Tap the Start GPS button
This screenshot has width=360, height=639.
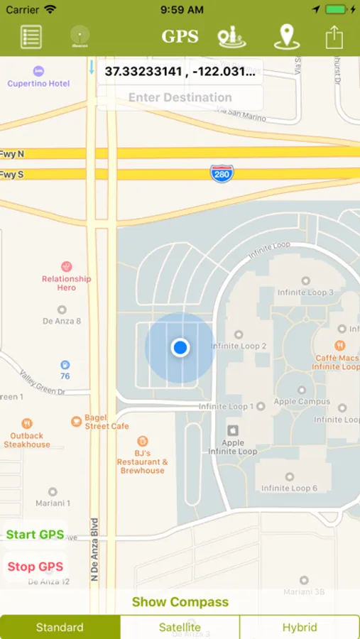(35, 535)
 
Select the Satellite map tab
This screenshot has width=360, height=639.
(180, 628)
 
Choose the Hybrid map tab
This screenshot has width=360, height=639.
(299, 628)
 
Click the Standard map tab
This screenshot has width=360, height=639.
(60, 628)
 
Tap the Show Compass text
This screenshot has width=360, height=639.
(180, 602)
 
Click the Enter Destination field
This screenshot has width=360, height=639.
(180, 98)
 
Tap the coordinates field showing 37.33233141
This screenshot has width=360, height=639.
(180, 72)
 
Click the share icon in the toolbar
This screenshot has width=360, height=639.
(334, 36)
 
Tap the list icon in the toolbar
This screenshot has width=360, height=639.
(31, 36)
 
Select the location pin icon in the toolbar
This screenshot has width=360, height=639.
(286, 36)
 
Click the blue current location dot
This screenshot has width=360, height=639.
(180, 348)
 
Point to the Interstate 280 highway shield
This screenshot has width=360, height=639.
(222, 173)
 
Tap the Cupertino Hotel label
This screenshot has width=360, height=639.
(38, 83)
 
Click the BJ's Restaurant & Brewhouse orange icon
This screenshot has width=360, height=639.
(143, 441)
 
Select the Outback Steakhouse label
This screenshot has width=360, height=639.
(27, 440)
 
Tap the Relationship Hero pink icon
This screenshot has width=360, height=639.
(67, 266)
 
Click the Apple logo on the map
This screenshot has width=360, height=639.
(232, 430)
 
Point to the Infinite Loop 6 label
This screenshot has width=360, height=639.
(289, 488)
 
